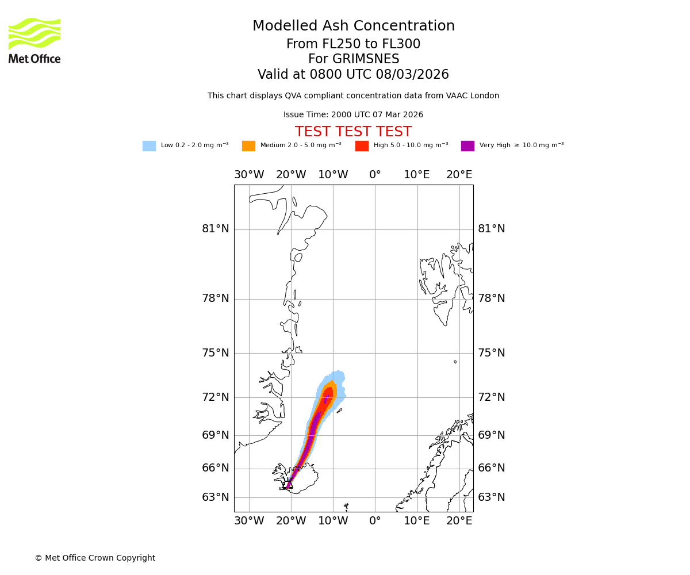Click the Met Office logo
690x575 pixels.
coord(34,40)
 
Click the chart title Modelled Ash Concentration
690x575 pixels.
coord(354,26)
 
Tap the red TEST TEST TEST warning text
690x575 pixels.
coord(353,132)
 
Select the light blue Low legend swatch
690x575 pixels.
coord(149,146)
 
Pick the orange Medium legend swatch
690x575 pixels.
coord(248,146)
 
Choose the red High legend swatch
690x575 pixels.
coord(362,146)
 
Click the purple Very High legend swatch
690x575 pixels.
coord(467,146)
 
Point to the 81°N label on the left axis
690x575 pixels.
coord(216,229)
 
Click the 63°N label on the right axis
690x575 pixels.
coord(492,497)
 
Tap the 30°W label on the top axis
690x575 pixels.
coord(249,175)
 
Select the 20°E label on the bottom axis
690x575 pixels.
coord(459,521)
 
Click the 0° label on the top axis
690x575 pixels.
coord(375,175)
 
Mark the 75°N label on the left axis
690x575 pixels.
coord(216,353)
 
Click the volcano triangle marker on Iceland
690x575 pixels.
coord(289,484)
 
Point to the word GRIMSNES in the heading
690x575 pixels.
coord(354,59)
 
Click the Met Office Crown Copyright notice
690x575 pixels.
coord(95,558)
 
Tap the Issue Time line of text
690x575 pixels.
coord(353,115)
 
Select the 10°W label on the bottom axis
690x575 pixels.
coord(333,521)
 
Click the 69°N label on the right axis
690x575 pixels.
coord(492,435)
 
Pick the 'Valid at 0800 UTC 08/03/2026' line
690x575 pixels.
coord(353,75)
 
